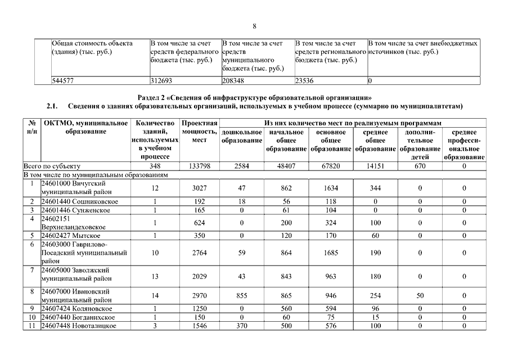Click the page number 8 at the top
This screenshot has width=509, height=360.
pos(254,26)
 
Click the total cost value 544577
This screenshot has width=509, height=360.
pos(63,80)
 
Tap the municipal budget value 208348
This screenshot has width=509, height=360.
pos(235,80)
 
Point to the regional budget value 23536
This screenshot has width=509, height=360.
pos(307,80)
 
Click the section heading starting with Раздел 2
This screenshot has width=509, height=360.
pos(254,96)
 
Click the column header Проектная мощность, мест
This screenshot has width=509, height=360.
pos(199,132)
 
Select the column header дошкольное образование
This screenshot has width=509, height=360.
pos(241,136)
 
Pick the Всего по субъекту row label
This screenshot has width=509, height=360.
pos(52,166)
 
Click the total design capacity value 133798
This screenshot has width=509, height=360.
pos(199,166)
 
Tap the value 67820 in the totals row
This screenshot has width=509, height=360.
pos(331,166)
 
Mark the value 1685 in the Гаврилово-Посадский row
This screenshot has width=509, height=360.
pos(331,253)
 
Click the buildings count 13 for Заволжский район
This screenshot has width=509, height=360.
pos(155,276)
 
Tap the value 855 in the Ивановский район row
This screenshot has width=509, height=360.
pos(241,296)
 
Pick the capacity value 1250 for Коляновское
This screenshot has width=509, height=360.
pos(199,309)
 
